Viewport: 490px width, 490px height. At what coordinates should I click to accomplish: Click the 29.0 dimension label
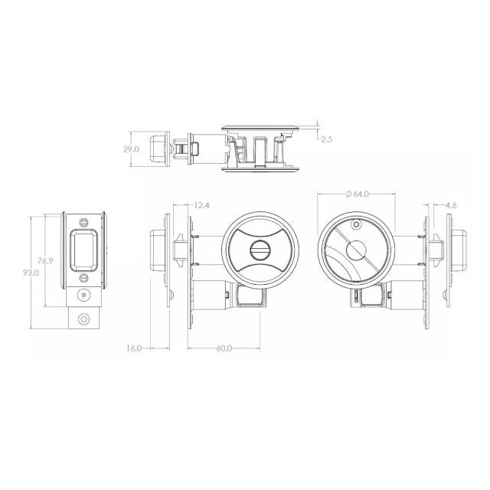(x=131, y=150)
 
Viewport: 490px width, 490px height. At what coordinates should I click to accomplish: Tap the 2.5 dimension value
(x=327, y=139)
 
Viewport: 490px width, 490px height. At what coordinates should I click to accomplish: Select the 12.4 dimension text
(x=202, y=205)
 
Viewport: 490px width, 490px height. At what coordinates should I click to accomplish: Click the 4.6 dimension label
(x=451, y=205)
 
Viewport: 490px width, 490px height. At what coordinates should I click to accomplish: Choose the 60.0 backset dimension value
(x=224, y=348)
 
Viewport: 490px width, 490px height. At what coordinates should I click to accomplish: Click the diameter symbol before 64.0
(x=349, y=194)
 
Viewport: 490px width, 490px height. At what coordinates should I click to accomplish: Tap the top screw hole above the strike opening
(x=83, y=221)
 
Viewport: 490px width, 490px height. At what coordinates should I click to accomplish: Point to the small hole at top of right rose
(x=356, y=225)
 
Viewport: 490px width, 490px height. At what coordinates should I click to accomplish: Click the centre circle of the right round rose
(x=355, y=250)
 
